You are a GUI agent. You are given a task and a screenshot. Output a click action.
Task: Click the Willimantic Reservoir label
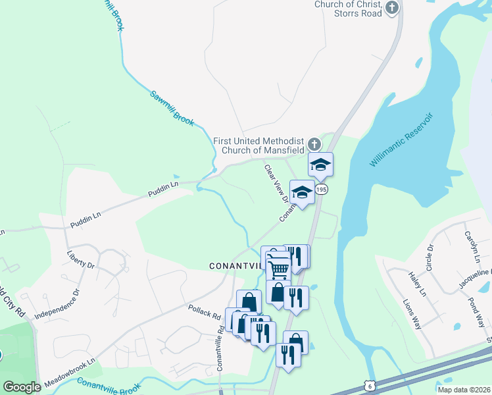402,140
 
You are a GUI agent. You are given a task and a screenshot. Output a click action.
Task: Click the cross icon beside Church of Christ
392,8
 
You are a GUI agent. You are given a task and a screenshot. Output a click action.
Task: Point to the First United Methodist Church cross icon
314,144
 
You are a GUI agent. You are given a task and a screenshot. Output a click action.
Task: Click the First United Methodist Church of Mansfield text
258,145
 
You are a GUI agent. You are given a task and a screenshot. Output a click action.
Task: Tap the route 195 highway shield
321,189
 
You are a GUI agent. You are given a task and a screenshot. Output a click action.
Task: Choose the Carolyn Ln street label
472,244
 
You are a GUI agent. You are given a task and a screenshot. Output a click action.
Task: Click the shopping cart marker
278,268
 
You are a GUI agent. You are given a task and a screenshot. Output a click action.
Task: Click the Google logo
22,387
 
